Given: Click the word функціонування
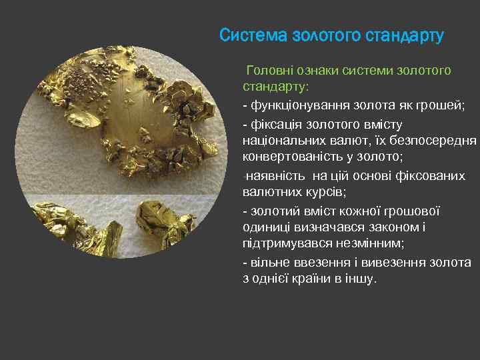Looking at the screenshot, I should pyautogui.click(x=301, y=106).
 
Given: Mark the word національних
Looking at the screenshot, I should pyautogui.click(x=285, y=141).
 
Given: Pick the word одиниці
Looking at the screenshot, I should pyautogui.click(x=265, y=228).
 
